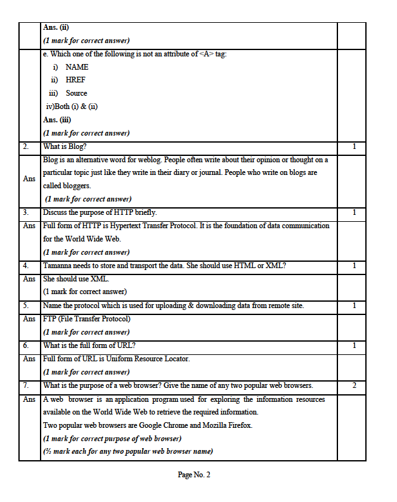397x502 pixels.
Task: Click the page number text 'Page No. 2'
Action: click(x=193, y=475)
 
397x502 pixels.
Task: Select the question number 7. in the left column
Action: click(x=26, y=386)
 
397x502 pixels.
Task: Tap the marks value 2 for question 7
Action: click(x=354, y=386)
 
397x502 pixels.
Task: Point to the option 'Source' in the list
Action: click(x=76, y=93)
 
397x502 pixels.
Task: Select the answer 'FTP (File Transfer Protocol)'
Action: click(x=86, y=319)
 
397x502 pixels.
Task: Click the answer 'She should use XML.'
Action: click(x=74, y=279)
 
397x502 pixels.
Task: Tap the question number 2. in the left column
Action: click(x=26, y=146)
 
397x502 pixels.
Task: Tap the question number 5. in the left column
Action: click(x=26, y=306)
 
